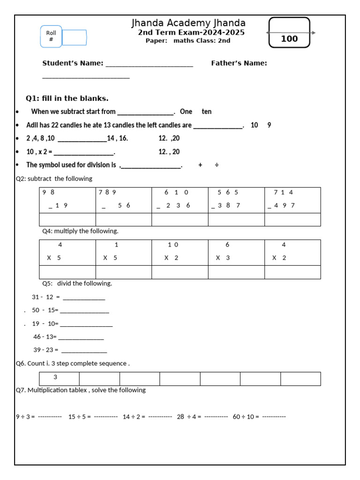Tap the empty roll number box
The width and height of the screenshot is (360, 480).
(74, 37)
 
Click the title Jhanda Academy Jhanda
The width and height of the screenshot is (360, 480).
(188, 23)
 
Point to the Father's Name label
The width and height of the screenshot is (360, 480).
(239, 63)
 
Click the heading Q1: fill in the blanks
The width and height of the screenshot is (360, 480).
(67, 98)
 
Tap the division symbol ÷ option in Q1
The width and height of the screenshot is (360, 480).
(217, 165)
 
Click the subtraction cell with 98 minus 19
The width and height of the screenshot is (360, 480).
(67, 200)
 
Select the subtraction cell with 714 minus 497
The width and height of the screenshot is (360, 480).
(292, 200)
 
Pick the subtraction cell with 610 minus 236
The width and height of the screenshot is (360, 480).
(180, 200)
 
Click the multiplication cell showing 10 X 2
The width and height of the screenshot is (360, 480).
(180, 252)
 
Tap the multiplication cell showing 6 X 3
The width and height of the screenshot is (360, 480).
(236, 252)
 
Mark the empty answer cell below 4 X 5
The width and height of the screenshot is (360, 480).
(67, 272)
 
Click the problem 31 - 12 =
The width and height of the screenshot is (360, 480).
(46, 297)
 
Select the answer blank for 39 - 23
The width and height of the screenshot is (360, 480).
(84, 350)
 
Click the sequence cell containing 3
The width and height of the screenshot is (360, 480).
(59, 378)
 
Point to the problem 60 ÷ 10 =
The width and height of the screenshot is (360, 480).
(246, 417)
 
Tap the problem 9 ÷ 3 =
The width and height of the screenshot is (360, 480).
(26, 417)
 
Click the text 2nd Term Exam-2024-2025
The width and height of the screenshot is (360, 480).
(191, 33)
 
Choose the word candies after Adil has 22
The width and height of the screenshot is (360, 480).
(63, 125)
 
